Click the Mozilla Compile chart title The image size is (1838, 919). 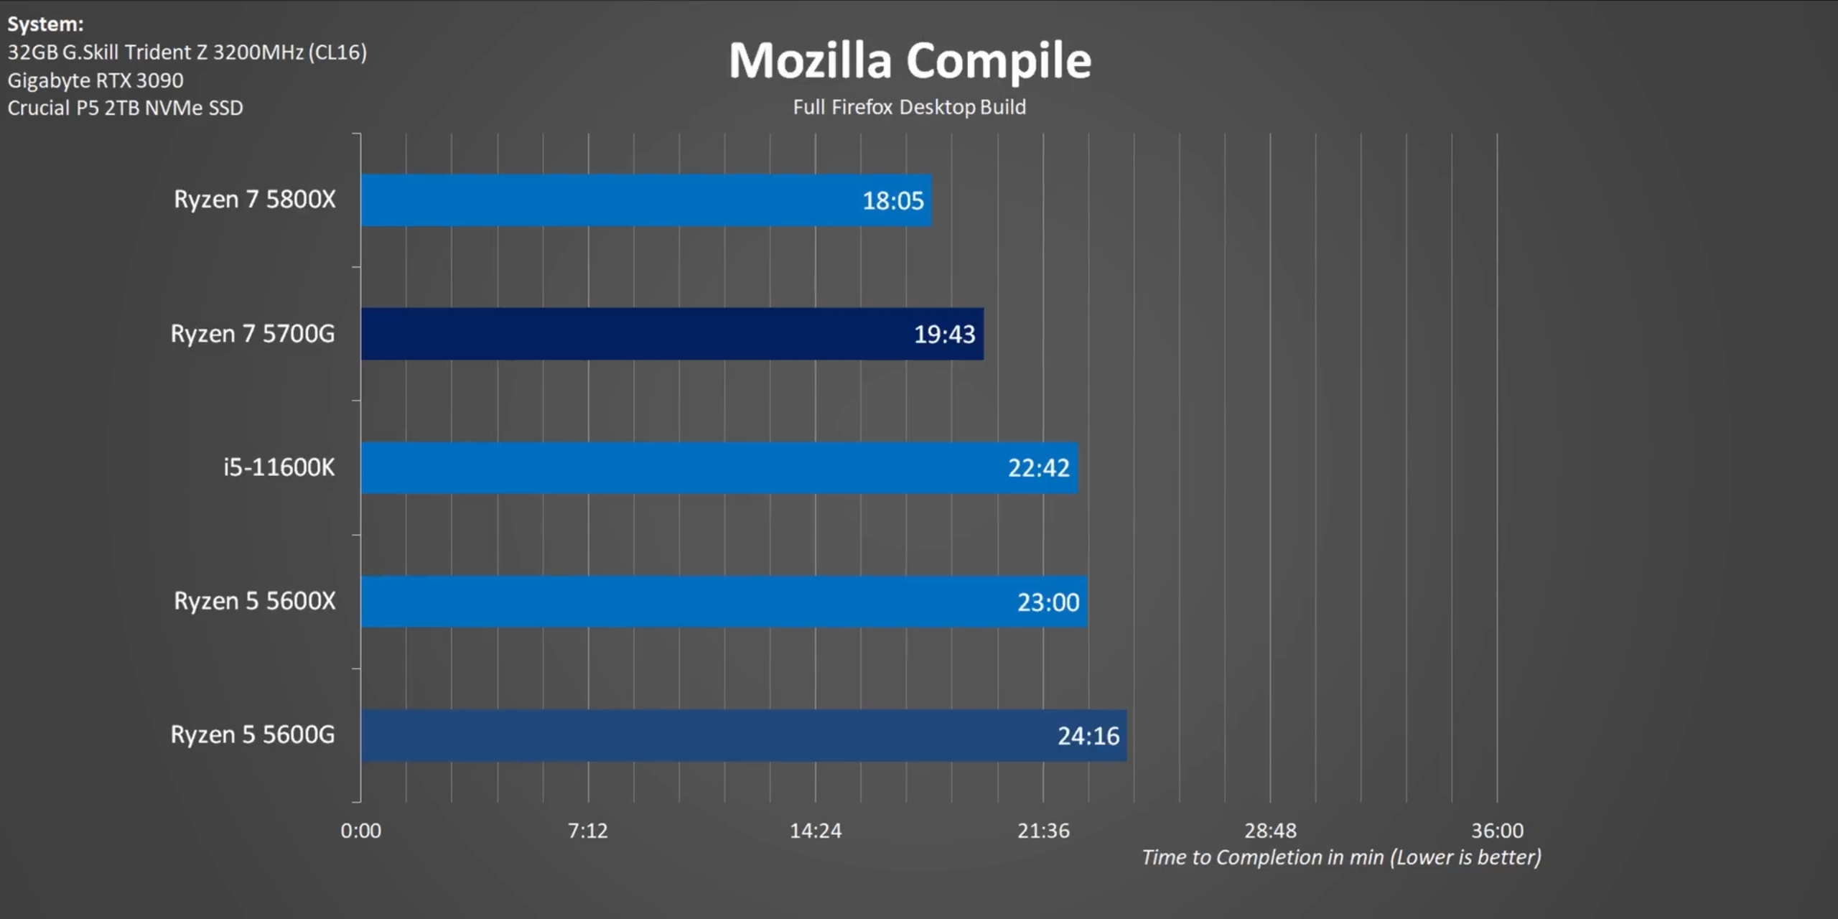tap(910, 60)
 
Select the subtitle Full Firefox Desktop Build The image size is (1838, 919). tap(909, 107)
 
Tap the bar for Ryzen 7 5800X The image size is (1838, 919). tap(610, 200)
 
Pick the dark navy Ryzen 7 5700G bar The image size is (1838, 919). tap(632, 334)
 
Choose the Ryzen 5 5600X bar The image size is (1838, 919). tap(682, 602)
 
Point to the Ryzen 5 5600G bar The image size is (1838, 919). tap(704, 735)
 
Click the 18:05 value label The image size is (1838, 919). tap(892, 201)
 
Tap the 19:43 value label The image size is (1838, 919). tap(944, 335)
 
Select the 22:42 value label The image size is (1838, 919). tap(1038, 468)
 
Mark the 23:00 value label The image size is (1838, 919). tap(1048, 602)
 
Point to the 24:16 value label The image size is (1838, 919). tap(1088, 736)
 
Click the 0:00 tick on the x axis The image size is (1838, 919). tap(360, 831)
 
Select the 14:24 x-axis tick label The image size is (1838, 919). tap(815, 831)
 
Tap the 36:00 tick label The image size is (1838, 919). tap(1497, 831)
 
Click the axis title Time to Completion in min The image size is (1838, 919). tap(1340, 857)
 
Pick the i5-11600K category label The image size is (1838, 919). tap(279, 467)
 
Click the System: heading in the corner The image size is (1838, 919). tap(45, 24)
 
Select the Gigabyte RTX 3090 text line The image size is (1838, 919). tap(95, 80)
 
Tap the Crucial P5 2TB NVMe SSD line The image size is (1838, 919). tap(125, 108)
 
